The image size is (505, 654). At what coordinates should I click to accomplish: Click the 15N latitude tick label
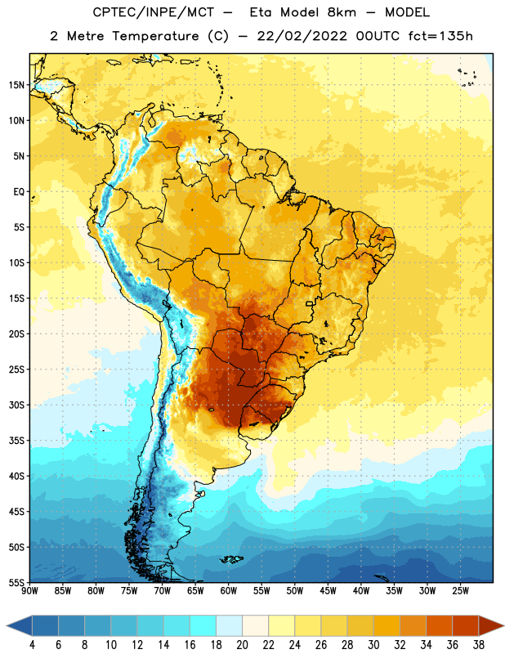pyautogui.click(x=16, y=85)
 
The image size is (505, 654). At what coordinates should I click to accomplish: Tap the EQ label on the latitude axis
pyautogui.click(x=19, y=192)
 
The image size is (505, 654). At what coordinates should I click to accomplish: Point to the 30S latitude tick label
pyautogui.click(x=16, y=405)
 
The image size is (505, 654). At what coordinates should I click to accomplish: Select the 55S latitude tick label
pyautogui.click(x=16, y=582)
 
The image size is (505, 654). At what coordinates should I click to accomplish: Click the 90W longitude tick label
pyautogui.click(x=29, y=591)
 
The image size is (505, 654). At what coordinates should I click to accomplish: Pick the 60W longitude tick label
pyautogui.click(x=229, y=591)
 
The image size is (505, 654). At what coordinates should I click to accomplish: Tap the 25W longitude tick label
pyautogui.click(x=460, y=591)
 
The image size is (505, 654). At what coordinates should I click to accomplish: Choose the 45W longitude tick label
pyautogui.click(x=328, y=591)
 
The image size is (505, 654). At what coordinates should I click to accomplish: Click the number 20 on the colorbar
pyautogui.click(x=242, y=645)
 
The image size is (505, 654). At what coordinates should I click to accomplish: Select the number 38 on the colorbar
pyautogui.click(x=479, y=645)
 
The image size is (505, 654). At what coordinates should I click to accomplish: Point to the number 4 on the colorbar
pyautogui.click(x=32, y=645)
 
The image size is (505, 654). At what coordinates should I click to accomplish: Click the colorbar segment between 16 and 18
pyautogui.click(x=203, y=625)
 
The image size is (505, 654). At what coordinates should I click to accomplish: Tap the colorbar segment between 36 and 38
pyautogui.click(x=466, y=625)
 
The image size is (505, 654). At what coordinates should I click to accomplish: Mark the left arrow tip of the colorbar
pyautogui.click(x=7, y=625)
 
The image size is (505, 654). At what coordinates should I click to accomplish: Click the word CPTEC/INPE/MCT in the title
pyautogui.click(x=153, y=12)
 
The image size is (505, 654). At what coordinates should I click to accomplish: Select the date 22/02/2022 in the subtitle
pyautogui.click(x=302, y=36)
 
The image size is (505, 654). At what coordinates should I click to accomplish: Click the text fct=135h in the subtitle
pyautogui.click(x=440, y=36)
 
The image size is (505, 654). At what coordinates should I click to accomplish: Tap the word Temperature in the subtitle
pyautogui.click(x=155, y=37)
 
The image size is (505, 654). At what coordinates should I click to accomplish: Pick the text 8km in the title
pyautogui.click(x=342, y=12)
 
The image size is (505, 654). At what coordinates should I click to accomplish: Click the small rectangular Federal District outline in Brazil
pyautogui.click(x=310, y=303)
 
